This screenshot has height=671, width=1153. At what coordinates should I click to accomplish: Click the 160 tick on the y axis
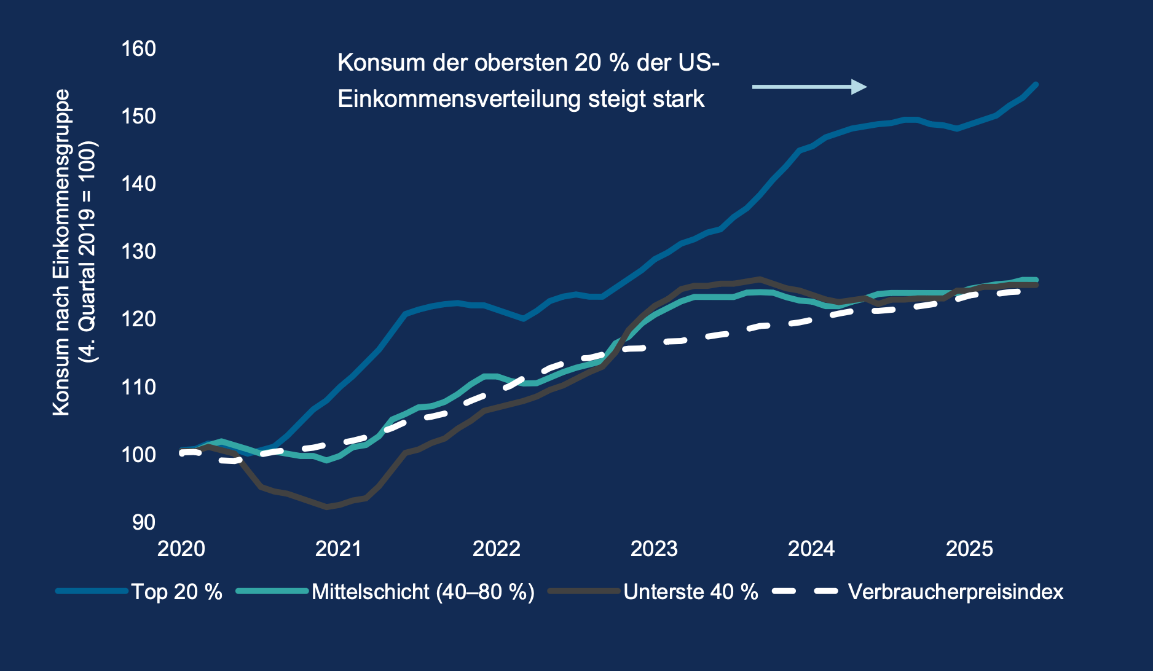[138, 49]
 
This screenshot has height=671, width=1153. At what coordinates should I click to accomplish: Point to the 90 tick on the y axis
[143, 522]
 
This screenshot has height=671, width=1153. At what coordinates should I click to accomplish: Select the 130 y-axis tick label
[138, 251]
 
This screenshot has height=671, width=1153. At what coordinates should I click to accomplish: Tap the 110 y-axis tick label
[138, 387]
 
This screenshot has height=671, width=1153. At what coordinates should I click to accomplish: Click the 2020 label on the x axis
[181, 548]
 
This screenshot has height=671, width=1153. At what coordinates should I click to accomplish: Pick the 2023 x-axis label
[654, 548]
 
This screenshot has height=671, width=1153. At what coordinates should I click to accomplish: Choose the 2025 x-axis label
[969, 548]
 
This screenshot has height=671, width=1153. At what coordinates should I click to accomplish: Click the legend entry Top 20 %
[176, 592]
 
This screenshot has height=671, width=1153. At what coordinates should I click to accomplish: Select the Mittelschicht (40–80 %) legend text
[423, 592]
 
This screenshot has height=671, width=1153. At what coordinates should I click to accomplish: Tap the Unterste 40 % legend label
[690, 592]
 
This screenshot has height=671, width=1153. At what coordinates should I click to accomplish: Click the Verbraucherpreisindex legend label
[955, 592]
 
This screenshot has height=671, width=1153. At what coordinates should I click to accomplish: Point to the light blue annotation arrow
[809, 87]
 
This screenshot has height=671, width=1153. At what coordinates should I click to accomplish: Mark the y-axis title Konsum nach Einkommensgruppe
[61, 252]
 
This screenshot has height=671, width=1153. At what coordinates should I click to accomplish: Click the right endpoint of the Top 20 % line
[1036, 84]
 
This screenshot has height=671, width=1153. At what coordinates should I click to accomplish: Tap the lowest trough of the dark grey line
[327, 507]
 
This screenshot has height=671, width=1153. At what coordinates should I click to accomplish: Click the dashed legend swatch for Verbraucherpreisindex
[805, 591]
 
